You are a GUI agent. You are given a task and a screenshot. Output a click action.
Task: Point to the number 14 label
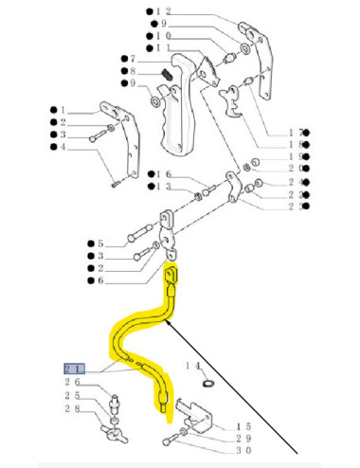(194, 365)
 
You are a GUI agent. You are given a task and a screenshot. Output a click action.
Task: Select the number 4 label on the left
(63, 147)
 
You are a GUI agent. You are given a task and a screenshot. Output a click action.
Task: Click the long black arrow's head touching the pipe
(170, 323)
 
